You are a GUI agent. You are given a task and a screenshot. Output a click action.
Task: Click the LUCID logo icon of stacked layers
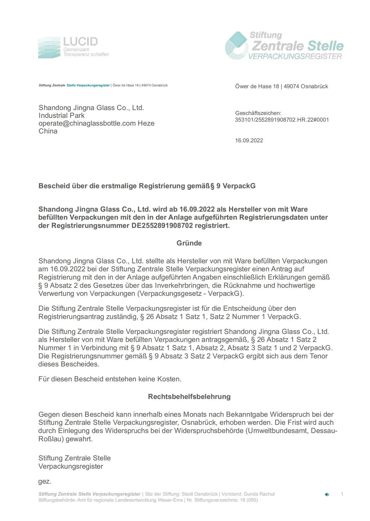(49, 48)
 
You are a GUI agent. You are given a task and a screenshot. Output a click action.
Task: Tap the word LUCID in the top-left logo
(80, 42)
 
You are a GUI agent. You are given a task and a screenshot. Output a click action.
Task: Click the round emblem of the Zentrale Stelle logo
(236, 46)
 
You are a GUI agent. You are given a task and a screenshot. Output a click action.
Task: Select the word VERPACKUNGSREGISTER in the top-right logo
(295, 56)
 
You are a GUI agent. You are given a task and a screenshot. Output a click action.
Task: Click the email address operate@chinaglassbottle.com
(87, 123)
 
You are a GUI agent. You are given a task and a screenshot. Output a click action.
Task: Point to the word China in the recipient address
(48, 131)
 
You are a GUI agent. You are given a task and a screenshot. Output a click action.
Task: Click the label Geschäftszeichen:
(258, 113)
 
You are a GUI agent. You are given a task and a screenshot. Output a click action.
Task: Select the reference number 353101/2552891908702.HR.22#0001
(282, 120)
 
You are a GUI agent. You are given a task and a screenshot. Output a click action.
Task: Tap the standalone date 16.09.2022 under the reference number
(249, 140)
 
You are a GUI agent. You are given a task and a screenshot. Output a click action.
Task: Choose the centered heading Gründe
(189, 243)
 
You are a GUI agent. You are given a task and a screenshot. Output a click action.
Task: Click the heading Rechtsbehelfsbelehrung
(189, 397)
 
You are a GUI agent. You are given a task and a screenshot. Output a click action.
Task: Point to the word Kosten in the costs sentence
(169, 379)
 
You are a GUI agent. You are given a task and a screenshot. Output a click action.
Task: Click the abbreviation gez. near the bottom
(45, 481)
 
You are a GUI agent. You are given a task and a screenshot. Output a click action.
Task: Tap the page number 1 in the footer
(342, 494)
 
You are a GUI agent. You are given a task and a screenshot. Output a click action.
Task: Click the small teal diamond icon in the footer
(327, 495)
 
